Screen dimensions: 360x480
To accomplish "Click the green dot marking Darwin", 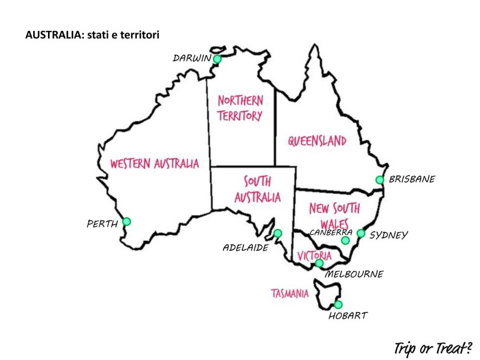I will point(217,59).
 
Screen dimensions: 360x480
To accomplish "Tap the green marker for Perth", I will point(126,222).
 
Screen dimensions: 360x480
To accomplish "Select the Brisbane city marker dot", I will point(380,180).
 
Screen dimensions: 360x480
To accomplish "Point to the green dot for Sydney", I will point(361,233).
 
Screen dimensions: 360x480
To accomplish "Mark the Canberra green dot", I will point(345,240).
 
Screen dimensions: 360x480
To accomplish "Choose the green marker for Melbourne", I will point(319,263).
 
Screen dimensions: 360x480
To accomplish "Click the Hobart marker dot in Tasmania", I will point(338,304).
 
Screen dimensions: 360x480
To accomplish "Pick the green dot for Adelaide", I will point(277,233).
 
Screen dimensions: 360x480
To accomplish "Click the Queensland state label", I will point(317,141).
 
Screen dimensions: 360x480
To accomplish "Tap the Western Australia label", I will point(154,164).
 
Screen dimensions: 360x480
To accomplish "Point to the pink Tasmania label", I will point(290,293).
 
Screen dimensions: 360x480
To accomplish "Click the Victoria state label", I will point(314,256).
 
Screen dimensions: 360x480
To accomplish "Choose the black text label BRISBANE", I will point(412,179).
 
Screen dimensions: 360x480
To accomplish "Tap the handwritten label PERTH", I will point(102,224).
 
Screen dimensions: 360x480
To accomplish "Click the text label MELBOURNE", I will point(354,274).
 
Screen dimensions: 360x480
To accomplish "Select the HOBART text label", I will point(347,316).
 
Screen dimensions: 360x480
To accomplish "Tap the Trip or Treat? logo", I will point(431,346).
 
